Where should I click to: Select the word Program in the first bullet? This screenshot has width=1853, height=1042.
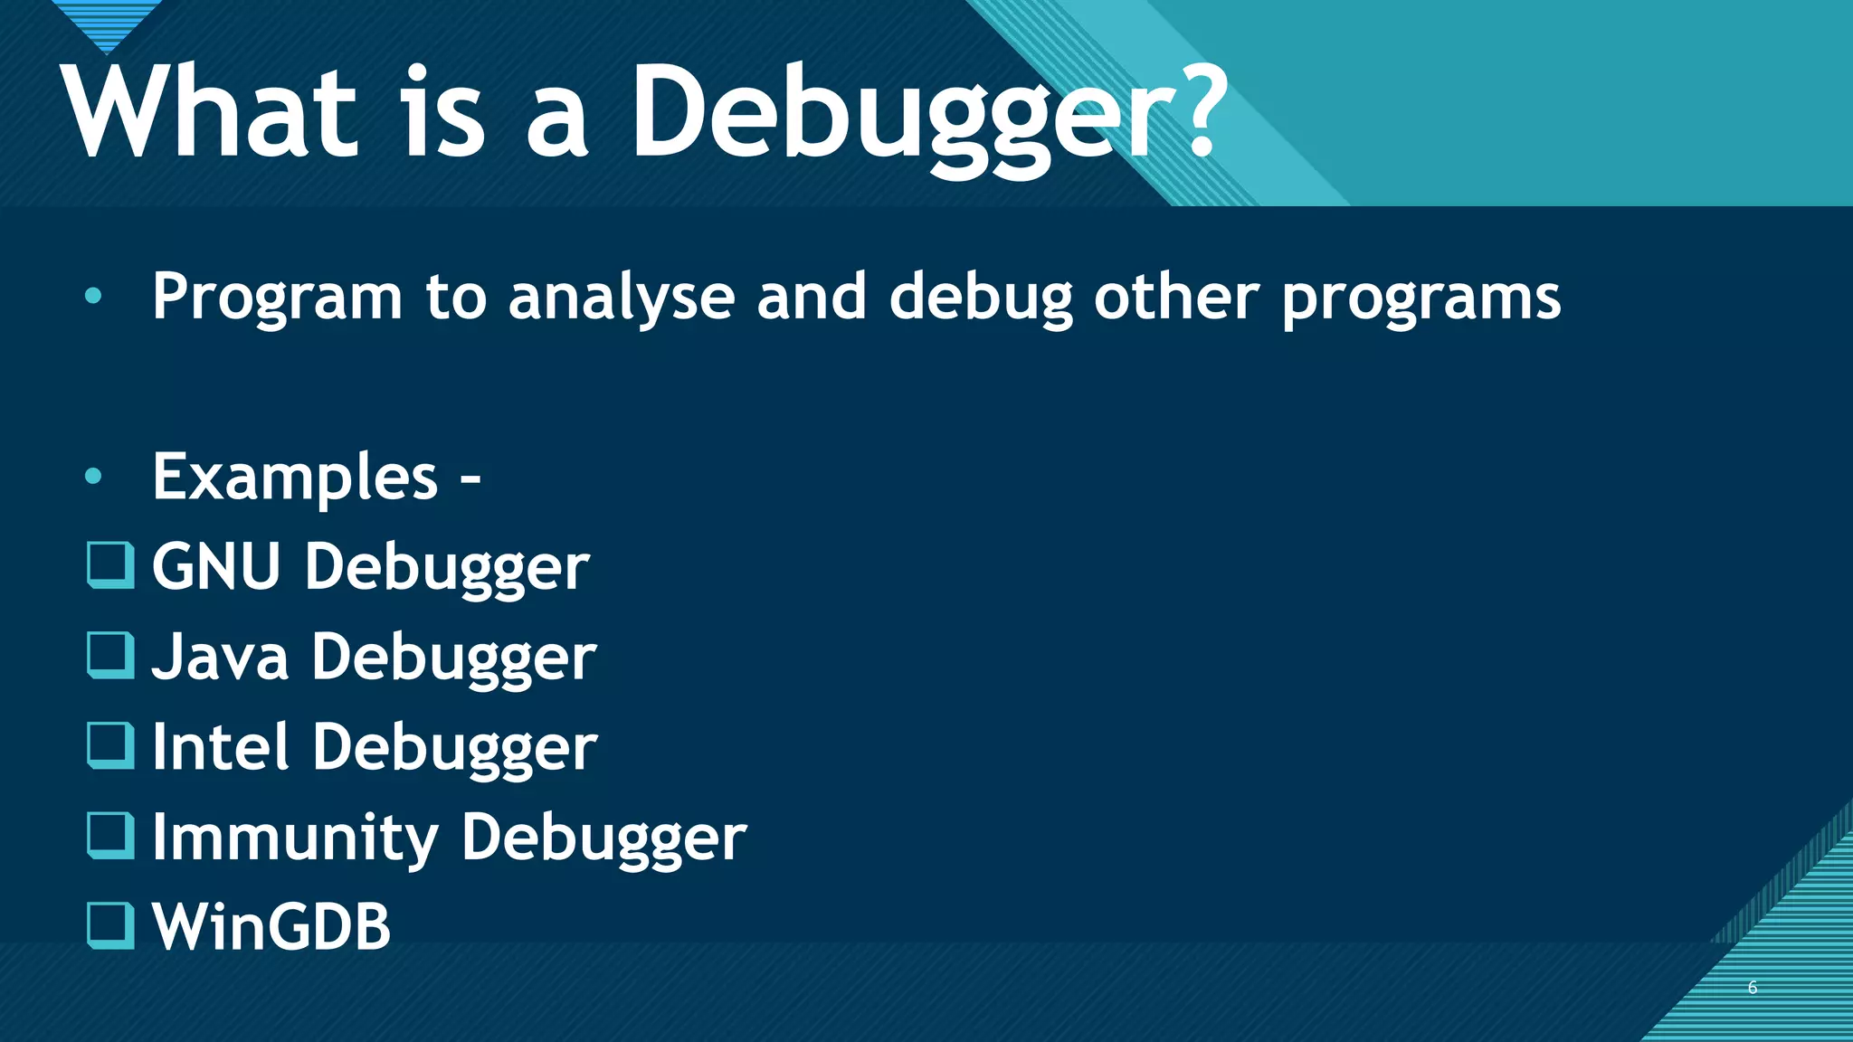277,298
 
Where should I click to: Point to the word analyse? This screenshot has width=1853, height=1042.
622,298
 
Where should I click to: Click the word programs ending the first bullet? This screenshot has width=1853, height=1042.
1421,298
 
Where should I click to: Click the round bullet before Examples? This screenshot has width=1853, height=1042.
93,477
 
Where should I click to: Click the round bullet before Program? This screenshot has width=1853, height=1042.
93,296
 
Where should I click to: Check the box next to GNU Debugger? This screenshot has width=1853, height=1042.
110,564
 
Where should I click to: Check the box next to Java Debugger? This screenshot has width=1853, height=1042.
110,655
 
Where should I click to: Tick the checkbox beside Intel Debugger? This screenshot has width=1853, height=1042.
110,744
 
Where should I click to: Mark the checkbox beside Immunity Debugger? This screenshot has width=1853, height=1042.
110,835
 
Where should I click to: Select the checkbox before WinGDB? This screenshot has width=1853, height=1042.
110,925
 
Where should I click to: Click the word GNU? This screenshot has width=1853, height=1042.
216,567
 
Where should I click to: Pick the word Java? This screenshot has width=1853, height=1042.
221,658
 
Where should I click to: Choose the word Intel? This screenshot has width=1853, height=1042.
221,747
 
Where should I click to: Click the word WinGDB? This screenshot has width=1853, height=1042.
271,928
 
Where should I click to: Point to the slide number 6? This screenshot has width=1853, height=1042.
1753,988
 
